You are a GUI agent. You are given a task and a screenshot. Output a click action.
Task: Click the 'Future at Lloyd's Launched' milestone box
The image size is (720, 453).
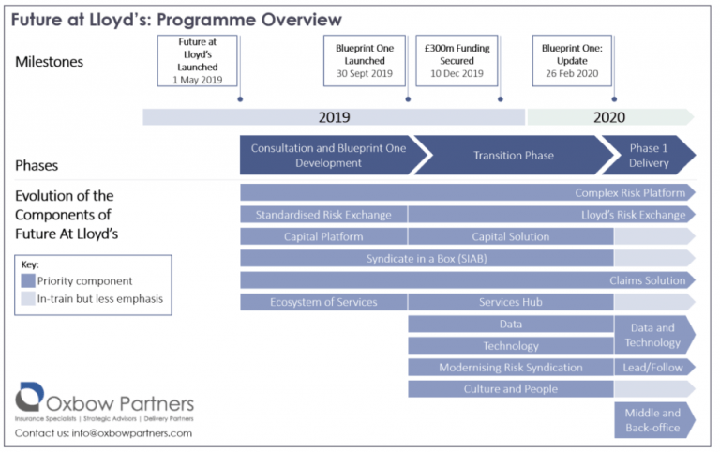198,61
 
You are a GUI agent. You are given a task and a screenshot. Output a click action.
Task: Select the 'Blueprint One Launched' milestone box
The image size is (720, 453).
365,61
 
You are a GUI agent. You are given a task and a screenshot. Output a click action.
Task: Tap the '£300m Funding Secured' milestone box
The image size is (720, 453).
457,61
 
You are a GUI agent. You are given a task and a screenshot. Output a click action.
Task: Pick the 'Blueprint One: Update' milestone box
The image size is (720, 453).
572,61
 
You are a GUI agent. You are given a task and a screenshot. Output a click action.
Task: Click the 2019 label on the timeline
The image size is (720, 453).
335,117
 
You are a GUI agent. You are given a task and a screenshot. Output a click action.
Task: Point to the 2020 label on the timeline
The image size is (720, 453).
609,117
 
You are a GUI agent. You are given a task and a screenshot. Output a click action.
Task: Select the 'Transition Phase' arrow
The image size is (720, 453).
514,156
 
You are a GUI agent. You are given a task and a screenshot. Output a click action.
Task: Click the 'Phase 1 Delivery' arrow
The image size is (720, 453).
649,156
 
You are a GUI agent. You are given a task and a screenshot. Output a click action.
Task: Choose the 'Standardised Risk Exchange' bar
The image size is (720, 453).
323,215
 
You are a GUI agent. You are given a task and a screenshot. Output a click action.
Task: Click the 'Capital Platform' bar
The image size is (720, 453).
323,236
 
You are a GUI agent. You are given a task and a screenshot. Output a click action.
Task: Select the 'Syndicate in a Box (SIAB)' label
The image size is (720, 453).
427,259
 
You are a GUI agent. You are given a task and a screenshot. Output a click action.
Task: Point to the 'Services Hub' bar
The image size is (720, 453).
511,302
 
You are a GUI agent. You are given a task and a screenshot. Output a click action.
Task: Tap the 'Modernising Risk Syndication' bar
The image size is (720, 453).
511,368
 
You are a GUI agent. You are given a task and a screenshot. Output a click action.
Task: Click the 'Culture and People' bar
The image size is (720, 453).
511,389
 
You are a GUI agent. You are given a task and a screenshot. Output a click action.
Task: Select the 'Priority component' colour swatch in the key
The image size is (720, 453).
28,280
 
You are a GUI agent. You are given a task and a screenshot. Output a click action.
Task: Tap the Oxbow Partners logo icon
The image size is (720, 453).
29,397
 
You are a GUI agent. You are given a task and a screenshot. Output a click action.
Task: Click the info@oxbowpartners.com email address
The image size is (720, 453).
132,433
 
